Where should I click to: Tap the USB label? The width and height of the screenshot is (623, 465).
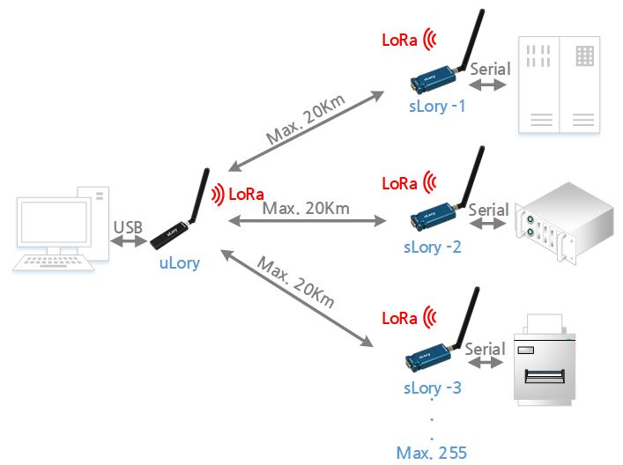(x=128, y=226)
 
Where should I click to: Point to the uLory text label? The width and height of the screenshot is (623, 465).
(x=179, y=262)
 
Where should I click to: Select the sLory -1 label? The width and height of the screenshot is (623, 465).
(x=437, y=106)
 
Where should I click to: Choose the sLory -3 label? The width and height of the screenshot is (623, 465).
(x=432, y=387)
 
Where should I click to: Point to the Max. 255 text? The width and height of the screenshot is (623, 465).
(x=432, y=453)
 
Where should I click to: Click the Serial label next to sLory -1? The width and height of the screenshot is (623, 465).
(x=490, y=68)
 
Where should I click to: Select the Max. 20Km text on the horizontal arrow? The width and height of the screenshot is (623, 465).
(x=306, y=209)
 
